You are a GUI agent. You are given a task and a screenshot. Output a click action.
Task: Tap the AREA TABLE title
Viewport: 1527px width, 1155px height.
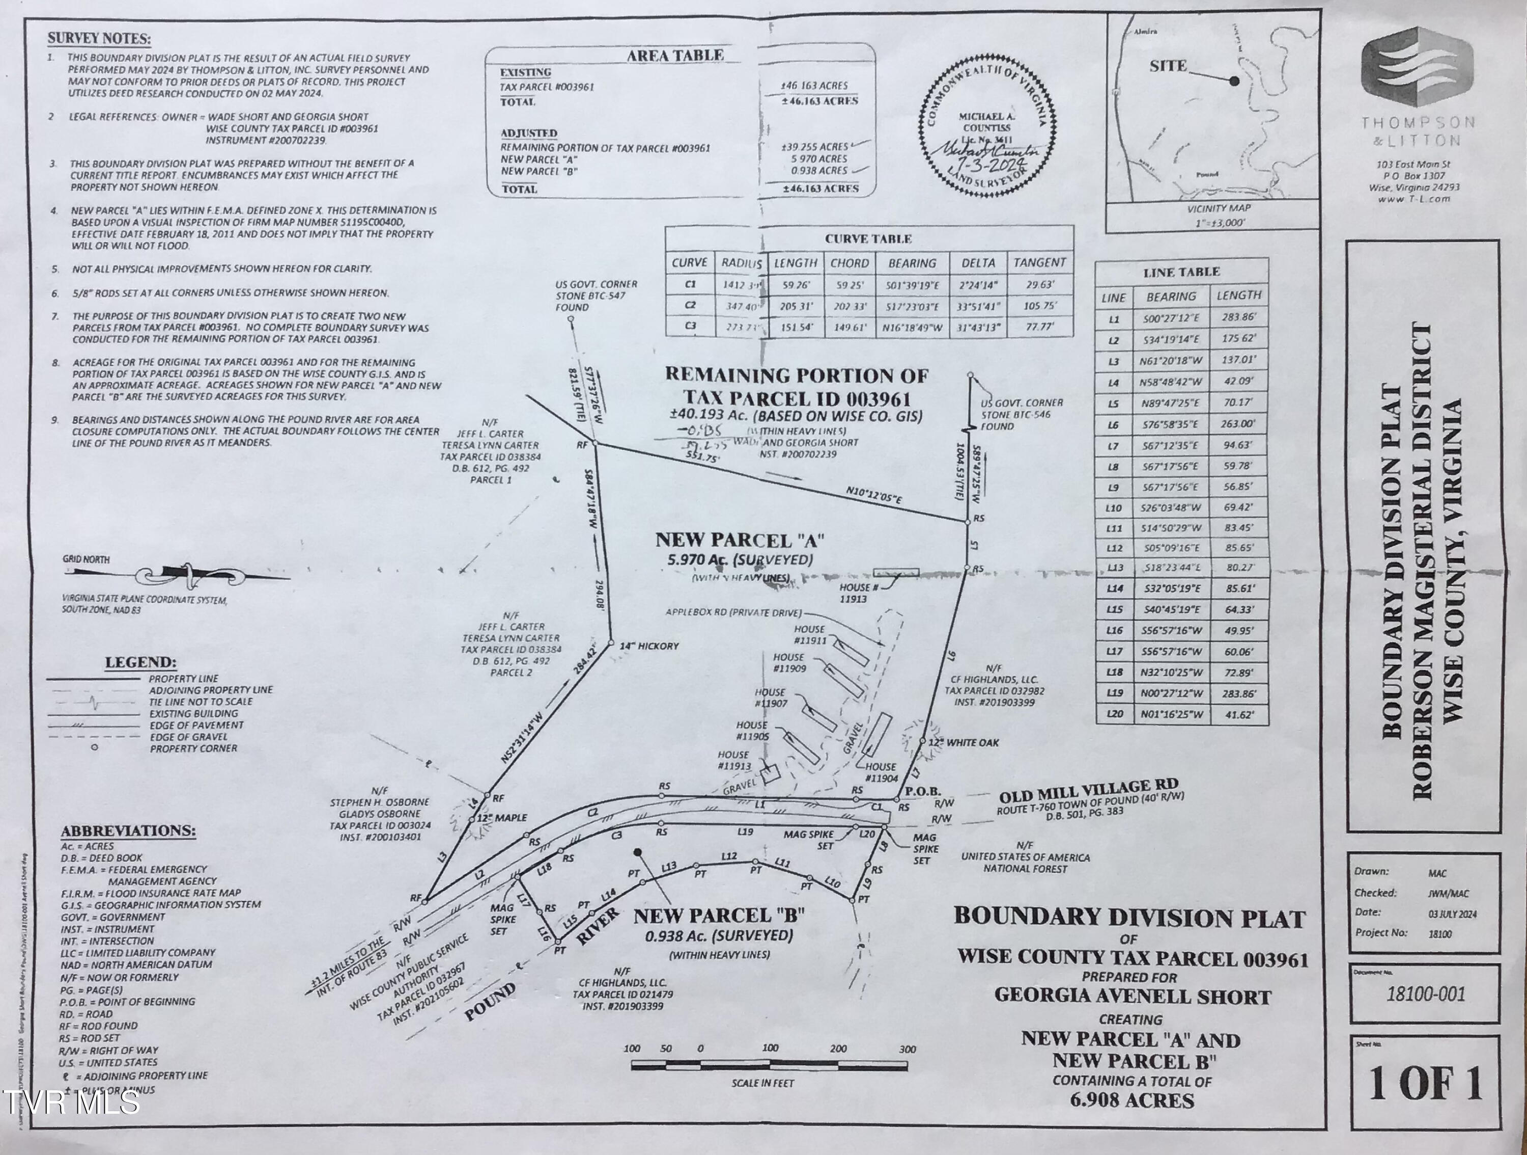674,55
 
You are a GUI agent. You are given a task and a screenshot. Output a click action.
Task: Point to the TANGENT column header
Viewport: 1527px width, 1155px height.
1039,262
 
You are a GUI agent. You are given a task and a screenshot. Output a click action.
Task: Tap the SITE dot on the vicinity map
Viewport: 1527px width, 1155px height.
1234,81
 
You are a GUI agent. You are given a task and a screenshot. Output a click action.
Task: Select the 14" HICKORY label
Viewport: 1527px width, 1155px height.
649,646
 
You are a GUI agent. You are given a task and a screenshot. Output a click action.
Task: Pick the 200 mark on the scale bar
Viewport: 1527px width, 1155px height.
838,1049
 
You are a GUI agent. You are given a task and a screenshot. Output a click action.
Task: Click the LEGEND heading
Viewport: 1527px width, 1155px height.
140,662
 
